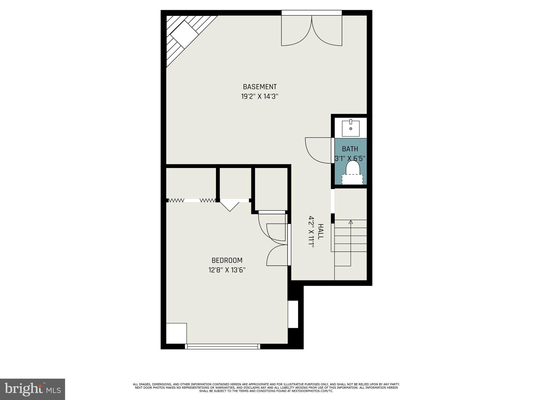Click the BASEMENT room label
[259, 87]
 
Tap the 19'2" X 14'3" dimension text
[259, 97]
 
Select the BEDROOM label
[227, 260]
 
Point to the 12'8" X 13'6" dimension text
[227, 270]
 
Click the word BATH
[350, 149]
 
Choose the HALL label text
[321, 231]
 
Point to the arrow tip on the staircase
[351, 222]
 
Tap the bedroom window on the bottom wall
[223, 346]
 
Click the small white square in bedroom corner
[176, 333]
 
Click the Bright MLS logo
[33, 389]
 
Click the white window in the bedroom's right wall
[293, 314]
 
